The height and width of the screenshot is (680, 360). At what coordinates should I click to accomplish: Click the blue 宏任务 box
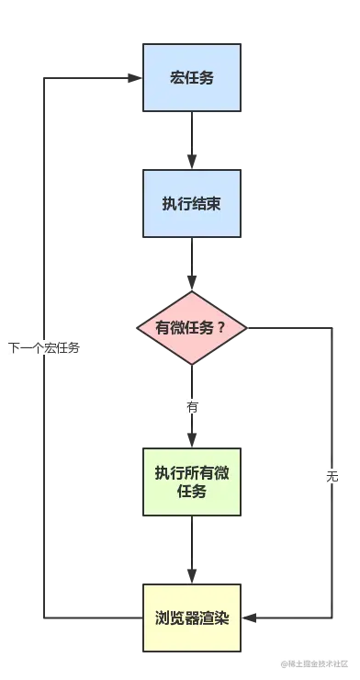coord(191,77)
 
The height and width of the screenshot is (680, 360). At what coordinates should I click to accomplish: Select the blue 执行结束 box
coord(191,203)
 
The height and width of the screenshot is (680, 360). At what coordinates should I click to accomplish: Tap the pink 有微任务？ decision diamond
coord(191,328)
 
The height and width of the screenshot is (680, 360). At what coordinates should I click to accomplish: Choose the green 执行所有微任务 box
coord(191,482)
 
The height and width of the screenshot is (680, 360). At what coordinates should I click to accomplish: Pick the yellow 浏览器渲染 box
coord(191,617)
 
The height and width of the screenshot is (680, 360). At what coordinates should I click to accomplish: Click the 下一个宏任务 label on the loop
coord(44,348)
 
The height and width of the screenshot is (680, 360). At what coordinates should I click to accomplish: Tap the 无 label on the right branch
coord(332,475)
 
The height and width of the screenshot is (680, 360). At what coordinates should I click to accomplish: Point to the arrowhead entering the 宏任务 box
coord(133,78)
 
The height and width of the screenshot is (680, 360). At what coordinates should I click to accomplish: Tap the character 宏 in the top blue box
coord(175,77)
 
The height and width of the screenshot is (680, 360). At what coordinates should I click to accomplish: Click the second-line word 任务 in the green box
coord(191,492)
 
